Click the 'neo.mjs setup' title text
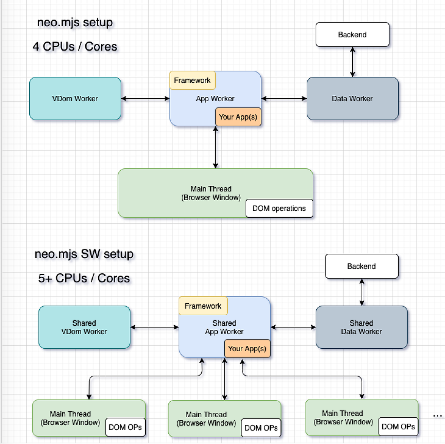click(x=75, y=23)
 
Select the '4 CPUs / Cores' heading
click(x=75, y=47)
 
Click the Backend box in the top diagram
click(x=352, y=34)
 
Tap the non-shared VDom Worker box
click(x=75, y=99)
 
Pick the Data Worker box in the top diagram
click(x=352, y=99)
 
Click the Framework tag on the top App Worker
click(x=192, y=80)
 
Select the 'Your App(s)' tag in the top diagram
click(x=238, y=117)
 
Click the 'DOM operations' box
click(x=279, y=208)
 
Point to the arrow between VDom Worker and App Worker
click(x=145, y=99)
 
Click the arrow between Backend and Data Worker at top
click(x=353, y=62)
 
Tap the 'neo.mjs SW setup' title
click(x=84, y=254)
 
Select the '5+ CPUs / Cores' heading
click(x=84, y=278)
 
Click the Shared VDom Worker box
click(x=84, y=327)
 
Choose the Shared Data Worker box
click(x=362, y=327)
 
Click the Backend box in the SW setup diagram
click(x=362, y=266)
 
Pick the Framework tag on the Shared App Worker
click(x=203, y=306)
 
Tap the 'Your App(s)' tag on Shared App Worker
click(x=247, y=349)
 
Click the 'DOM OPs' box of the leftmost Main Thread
click(x=125, y=427)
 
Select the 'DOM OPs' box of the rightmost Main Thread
click(x=398, y=427)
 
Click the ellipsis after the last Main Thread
click(x=438, y=416)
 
